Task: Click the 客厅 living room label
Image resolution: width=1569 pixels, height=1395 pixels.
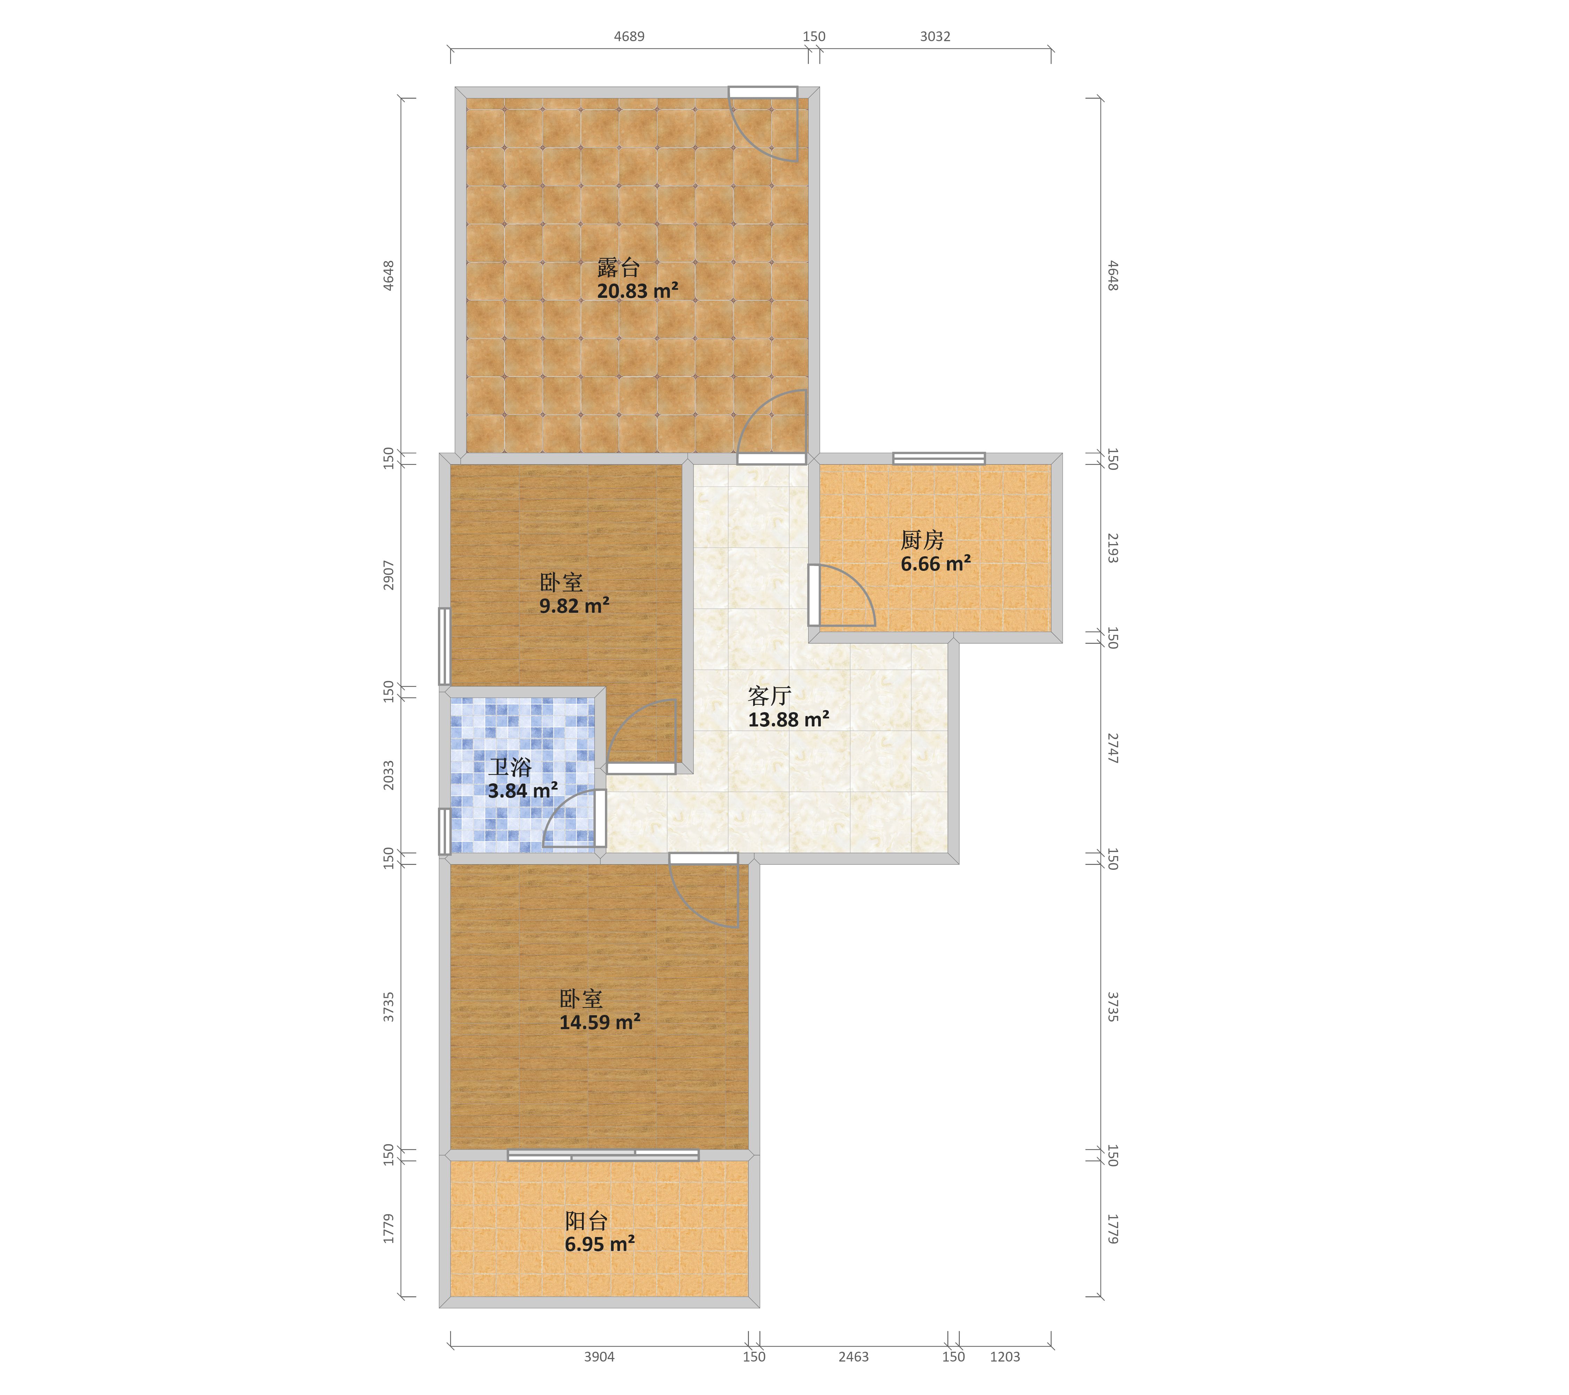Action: [x=769, y=695]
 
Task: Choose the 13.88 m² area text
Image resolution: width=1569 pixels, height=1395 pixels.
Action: [x=788, y=719]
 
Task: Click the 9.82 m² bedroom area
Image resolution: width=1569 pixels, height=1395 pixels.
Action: [x=574, y=606]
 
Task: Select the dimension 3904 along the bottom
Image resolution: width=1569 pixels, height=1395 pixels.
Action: [x=599, y=1357]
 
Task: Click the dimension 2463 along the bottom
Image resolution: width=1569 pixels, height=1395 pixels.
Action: [x=854, y=1357]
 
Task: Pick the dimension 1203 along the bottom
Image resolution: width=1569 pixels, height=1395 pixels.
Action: [x=1005, y=1357]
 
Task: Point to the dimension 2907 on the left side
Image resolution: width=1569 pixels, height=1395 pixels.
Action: [x=389, y=575]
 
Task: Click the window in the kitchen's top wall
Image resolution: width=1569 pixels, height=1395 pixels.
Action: [x=939, y=458]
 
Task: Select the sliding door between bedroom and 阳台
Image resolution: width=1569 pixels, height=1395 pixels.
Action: [x=603, y=1155]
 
